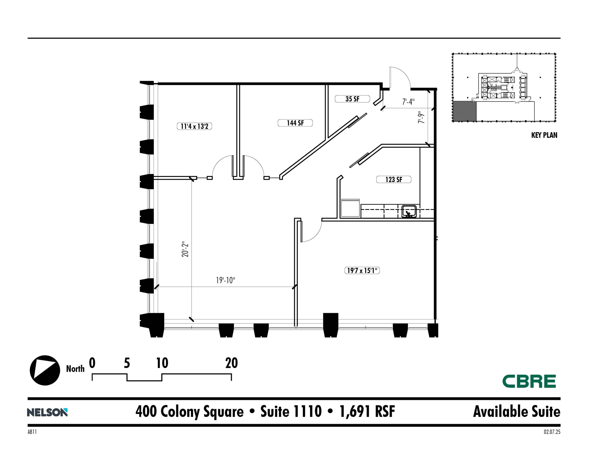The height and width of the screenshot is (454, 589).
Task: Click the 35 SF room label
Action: [x=352, y=99]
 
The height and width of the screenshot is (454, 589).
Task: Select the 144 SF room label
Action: [x=295, y=123]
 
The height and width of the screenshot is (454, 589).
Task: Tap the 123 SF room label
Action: [x=393, y=180]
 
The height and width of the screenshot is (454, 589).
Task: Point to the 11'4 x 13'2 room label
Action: [x=194, y=126]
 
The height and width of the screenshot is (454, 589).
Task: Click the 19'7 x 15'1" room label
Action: [x=362, y=271]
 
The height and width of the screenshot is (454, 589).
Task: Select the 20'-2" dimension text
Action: [x=185, y=250]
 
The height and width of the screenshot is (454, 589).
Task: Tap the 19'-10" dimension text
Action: [x=225, y=280]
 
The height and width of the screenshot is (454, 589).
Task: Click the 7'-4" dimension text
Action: [x=408, y=102]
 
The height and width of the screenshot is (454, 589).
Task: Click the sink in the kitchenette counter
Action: [x=409, y=212]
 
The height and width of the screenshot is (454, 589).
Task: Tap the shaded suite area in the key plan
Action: [x=464, y=111]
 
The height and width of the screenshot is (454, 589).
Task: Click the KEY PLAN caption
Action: [x=544, y=135]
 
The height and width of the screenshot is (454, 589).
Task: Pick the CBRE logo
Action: [x=529, y=381]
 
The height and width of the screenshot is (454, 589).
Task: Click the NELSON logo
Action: [x=47, y=412]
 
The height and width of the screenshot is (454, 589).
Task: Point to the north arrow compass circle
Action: [x=45, y=370]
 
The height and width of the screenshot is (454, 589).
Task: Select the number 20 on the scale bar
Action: [x=231, y=363]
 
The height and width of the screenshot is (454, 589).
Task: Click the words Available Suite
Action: [x=517, y=411]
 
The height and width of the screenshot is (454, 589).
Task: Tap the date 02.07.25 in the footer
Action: [x=552, y=432]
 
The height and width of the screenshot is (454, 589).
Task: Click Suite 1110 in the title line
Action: [x=291, y=411]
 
